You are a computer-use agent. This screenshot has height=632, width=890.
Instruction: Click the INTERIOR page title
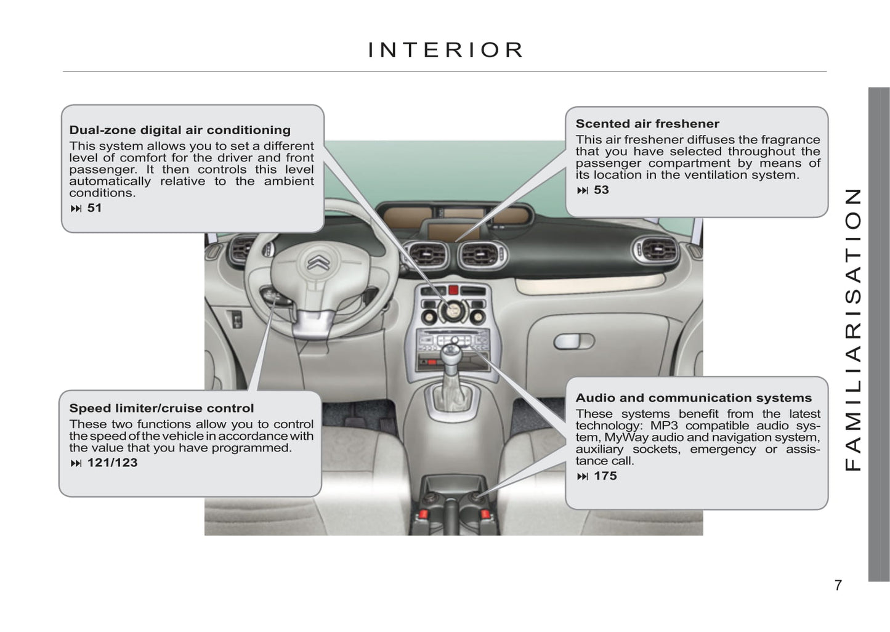[445, 50]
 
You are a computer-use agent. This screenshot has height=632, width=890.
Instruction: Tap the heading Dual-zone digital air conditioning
[180, 130]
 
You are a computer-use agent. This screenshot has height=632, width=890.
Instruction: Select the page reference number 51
[95, 208]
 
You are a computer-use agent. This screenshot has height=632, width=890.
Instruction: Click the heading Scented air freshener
[647, 124]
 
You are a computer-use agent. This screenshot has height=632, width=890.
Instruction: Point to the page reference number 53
[601, 190]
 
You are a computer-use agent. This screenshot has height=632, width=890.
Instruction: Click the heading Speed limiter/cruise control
[161, 408]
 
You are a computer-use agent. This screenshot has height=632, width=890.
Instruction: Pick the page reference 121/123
[113, 463]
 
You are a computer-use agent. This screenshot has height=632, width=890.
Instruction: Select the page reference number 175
[605, 476]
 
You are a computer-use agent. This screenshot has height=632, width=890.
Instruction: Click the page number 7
[838, 585]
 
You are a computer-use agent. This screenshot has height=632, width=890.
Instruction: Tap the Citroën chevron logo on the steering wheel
[318, 262]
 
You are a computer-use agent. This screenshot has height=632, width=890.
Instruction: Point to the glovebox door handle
[574, 341]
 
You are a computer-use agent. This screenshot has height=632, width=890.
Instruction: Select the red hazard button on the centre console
[453, 290]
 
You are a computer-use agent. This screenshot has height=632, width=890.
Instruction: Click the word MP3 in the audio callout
[664, 425]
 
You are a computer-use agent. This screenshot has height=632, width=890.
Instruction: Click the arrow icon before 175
[583, 476]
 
